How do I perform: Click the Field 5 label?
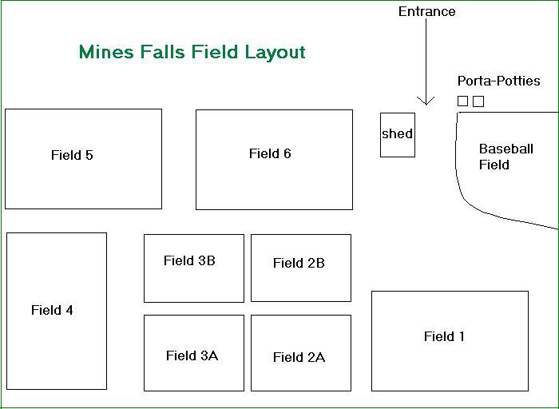tap(72, 155)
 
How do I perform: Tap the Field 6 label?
tap(270, 153)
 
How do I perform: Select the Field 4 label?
tap(52, 310)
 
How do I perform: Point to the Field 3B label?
tap(189, 260)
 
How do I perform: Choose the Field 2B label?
tap(299, 263)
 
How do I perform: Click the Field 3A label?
tap(192, 355)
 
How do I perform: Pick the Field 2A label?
tap(299, 357)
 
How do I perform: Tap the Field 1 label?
tap(444, 336)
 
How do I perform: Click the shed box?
tap(397, 134)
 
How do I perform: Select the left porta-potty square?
tap(462, 101)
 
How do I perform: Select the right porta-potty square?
tap(478, 101)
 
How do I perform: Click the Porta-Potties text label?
tap(498, 81)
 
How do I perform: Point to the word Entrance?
tap(426, 11)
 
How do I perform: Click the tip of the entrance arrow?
tap(426, 104)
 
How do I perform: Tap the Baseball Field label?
tap(505, 157)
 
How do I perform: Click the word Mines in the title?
tap(105, 53)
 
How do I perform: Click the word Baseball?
tap(505, 149)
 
